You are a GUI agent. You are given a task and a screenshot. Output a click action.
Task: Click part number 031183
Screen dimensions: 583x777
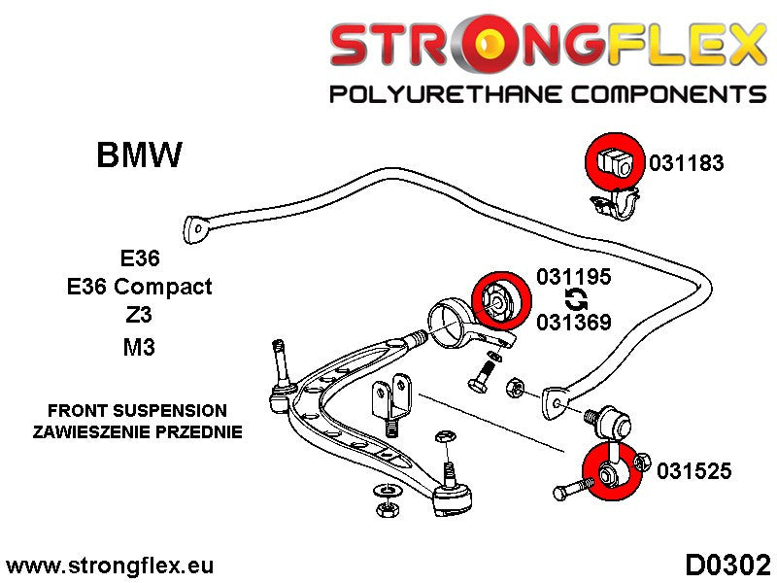point(686,163)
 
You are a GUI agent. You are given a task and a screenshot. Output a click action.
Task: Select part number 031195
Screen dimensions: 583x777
point(573,277)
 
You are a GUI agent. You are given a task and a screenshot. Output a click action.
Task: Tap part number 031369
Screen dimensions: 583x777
point(573,320)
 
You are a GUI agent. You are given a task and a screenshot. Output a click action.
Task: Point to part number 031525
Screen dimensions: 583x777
point(693,472)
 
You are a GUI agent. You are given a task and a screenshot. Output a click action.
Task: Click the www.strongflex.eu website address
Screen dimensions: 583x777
point(110,566)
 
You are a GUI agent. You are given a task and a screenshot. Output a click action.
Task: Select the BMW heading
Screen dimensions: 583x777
point(139,155)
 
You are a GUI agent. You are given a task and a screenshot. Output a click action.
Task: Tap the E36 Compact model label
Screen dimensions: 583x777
point(139,287)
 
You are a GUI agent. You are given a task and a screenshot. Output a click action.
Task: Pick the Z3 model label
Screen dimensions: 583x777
point(139,316)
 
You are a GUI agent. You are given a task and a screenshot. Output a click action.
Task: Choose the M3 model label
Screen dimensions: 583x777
point(139,346)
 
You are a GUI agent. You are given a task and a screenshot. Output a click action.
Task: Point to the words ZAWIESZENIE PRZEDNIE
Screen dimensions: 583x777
point(137,431)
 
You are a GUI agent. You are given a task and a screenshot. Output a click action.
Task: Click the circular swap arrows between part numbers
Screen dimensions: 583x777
point(573,298)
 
